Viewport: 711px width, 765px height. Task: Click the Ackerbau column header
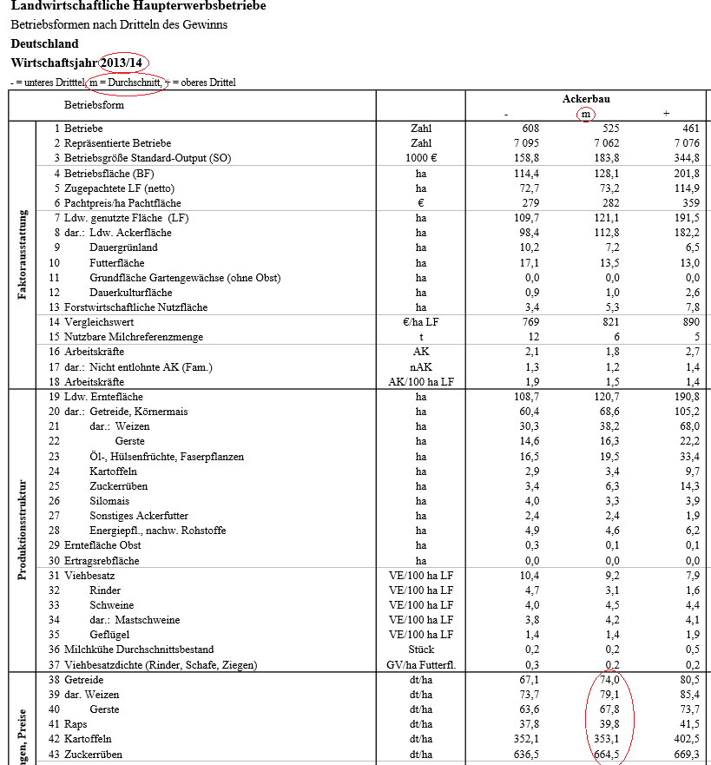(x=586, y=99)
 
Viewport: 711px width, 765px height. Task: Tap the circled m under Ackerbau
(x=586, y=115)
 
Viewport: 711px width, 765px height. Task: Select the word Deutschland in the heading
(x=44, y=43)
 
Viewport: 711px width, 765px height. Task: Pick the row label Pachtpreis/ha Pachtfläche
(x=122, y=203)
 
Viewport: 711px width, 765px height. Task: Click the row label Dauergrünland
(x=123, y=247)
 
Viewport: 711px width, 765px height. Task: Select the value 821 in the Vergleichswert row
(x=607, y=322)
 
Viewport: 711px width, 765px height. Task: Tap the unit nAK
(x=421, y=367)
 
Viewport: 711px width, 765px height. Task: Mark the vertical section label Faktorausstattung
(x=23, y=254)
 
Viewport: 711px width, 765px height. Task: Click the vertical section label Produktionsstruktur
(x=23, y=530)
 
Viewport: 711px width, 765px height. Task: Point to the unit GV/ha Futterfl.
(x=421, y=665)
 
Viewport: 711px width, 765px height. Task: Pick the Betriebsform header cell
(x=94, y=105)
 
